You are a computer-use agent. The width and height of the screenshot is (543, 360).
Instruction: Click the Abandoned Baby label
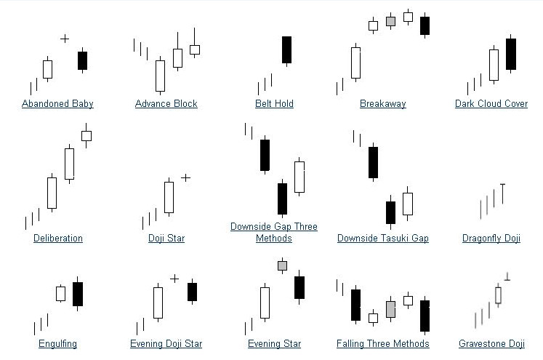(57, 103)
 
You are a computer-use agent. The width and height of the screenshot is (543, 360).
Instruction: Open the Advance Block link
(166, 103)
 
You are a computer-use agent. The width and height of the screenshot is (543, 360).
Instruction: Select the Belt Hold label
(274, 103)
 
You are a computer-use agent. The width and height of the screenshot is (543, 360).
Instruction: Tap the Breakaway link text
(382, 103)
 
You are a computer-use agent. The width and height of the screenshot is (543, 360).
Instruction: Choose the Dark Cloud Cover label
(491, 103)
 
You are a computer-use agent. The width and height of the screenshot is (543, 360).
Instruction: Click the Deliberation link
(58, 238)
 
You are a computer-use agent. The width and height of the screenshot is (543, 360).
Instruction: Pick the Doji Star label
(166, 238)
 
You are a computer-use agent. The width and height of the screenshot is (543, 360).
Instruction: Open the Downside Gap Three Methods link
(274, 232)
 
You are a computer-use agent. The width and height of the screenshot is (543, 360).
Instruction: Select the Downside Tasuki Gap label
(383, 238)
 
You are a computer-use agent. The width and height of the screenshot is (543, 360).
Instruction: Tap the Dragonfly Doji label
(491, 238)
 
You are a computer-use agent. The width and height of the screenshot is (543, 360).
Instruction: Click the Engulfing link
(58, 343)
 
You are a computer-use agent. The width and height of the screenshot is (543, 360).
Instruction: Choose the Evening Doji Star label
(166, 343)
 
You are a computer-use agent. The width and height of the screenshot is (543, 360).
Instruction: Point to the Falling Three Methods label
(383, 343)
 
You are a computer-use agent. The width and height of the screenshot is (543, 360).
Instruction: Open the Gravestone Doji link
(491, 343)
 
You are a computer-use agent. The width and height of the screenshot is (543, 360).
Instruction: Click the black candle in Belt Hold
(286, 49)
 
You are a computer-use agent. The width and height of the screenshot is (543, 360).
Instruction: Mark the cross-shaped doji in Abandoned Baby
(65, 38)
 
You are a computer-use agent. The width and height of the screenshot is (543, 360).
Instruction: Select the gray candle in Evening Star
(282, 265)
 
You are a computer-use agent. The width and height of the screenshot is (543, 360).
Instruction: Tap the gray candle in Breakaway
(390, 21)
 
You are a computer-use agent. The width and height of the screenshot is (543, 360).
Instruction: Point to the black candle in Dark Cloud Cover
(510, 54)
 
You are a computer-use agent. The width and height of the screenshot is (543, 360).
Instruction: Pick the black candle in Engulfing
(78, 293)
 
